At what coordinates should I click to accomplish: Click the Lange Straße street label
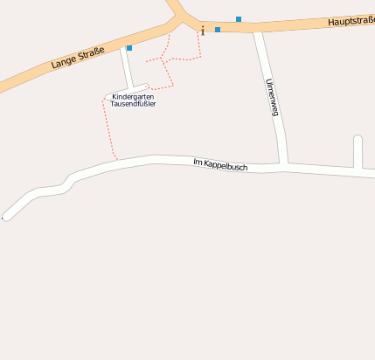(x=77, y=59)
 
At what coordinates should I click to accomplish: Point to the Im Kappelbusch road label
(x=220, y=163)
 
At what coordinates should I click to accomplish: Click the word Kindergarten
(x=134, y=96)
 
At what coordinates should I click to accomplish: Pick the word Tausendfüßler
(x=133, y=104)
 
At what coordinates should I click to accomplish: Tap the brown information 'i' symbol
(x=203, y=31)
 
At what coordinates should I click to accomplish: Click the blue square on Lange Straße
(x=129, y=48)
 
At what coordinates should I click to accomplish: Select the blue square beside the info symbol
(x=218, y=30)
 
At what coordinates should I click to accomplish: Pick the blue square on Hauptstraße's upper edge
(x=239, y=19)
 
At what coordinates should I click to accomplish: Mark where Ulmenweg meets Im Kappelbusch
(x=284, y=164)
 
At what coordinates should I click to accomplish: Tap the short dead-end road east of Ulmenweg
(x=358, y=152)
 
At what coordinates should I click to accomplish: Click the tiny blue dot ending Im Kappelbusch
(x=3, y=218)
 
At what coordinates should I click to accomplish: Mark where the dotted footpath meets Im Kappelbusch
(x=116, y=160)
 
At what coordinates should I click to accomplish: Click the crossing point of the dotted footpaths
(x=166, y=60)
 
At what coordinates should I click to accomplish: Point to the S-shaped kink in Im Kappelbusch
(x=67, y=181)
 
